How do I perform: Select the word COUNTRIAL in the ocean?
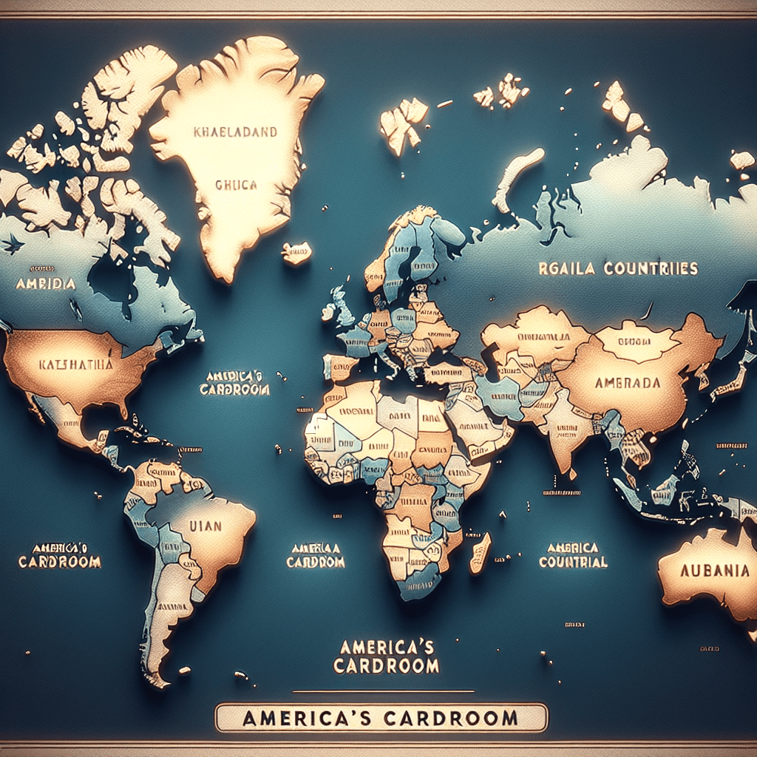(x=573, y=562)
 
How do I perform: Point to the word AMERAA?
(x=316, y=548)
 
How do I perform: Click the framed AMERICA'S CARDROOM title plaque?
(x=381, y=718)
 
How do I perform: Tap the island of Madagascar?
(x=479, y=552)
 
